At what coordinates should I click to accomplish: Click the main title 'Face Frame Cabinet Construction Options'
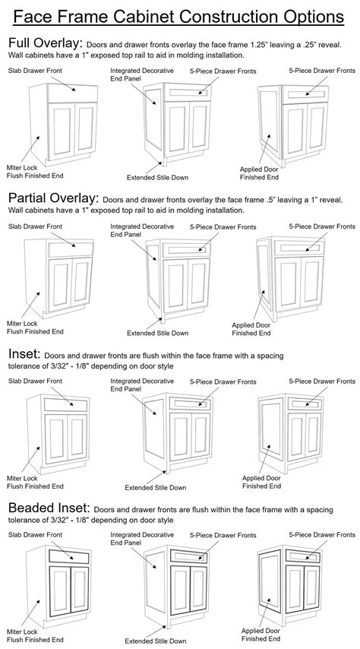tap(179, 15)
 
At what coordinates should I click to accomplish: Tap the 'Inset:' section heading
tap(24, 354)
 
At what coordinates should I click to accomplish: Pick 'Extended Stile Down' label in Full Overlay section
tap(158, 177)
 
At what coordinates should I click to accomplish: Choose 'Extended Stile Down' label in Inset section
tap(156, 488)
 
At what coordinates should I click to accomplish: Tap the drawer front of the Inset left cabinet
tap(68, 404)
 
